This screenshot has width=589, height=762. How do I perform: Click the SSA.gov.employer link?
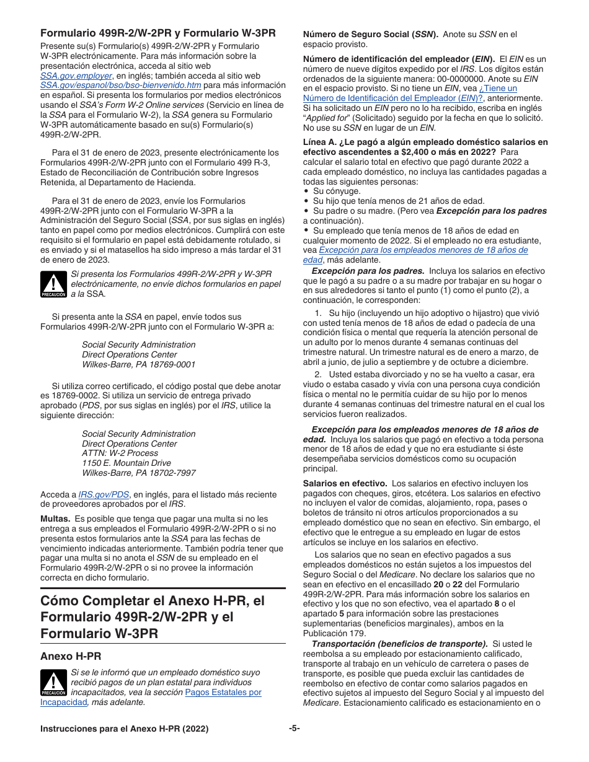tap(76, 76)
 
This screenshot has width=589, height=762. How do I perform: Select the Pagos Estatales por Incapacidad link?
tap(223, 692)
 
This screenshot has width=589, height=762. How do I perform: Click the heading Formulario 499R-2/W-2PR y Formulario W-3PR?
tap(158, 33)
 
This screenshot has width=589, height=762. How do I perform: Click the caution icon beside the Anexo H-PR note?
tap(53, 683)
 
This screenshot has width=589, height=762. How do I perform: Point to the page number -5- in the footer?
tap(294, 729)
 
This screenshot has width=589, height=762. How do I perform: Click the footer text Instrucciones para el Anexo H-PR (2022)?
tap(124, 729)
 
